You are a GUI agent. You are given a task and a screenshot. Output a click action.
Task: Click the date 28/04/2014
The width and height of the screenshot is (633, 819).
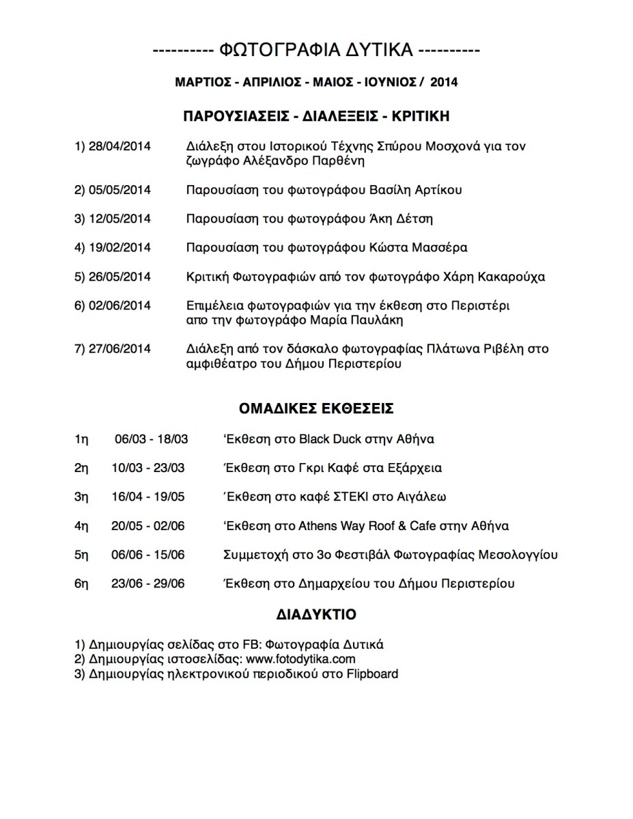[119, 147]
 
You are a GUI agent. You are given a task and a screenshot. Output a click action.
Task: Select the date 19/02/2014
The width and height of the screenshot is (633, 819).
[119, 247]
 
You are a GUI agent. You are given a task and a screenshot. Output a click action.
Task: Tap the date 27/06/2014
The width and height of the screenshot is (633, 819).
[119, 349]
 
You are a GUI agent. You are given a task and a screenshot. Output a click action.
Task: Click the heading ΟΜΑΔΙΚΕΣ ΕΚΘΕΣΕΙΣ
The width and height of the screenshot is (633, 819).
[316, 408]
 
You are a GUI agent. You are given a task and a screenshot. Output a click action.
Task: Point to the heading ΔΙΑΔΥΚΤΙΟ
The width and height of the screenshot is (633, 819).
[316, 614]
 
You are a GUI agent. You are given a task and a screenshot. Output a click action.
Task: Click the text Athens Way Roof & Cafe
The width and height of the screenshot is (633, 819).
[366, 525]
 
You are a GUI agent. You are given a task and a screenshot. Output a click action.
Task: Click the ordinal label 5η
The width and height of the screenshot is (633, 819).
[81, 555]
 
